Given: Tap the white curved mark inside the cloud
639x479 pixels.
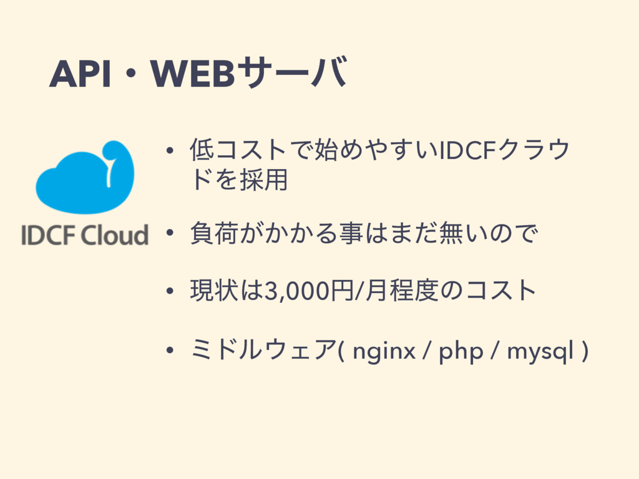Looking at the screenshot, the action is coord(110,168).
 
